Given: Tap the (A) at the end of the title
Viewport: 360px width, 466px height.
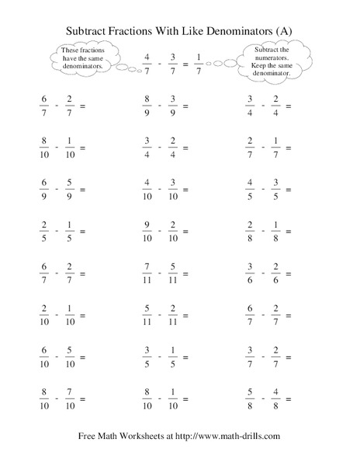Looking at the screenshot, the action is pos(289,30).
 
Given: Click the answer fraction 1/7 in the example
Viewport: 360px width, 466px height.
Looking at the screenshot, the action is pos(199,63).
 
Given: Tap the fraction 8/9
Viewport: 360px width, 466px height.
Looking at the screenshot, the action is pos(147,106).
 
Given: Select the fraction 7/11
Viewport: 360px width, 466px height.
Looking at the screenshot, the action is pos(147,273).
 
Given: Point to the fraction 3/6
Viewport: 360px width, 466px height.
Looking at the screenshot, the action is pos(251,273).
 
